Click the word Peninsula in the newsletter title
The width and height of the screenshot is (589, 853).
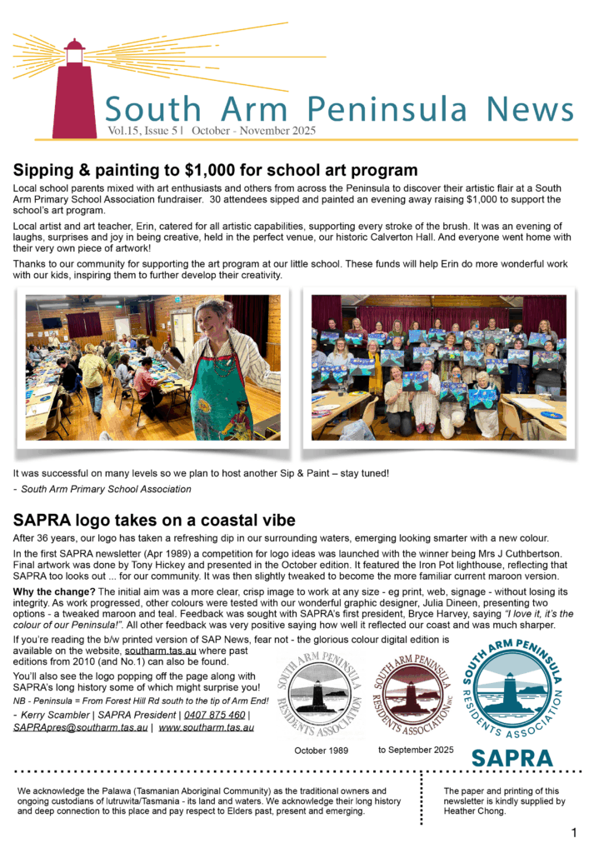pyautogui.click(x=390, y=110)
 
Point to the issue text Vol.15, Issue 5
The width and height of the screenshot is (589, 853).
pyautogui.click(x=145, y=131)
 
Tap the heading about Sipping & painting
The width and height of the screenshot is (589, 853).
pyautogui.click(x=215, y=171)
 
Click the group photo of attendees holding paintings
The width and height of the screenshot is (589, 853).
pyautogui.click(x=438, y=367)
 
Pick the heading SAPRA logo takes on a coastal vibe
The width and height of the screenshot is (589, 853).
pyautogui.click(x=154, y=521)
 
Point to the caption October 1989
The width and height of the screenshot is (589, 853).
pyautogui.click(x=321, y=751)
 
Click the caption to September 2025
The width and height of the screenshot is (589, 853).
pyautogui.click(x=416, y=750)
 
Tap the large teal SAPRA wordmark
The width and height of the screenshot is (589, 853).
pyautogui.click(x=512, y=757)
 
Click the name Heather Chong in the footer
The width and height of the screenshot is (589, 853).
pyautogui.click(x=478, y=811)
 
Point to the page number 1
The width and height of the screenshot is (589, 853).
pyautogui.click(x=574, y=833)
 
